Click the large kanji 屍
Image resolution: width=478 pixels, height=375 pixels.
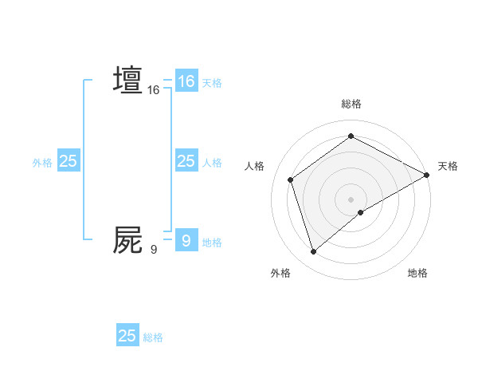[127, 239]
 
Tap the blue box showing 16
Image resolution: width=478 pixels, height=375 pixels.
[186, 81]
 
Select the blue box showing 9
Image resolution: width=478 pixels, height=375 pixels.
[186, 239]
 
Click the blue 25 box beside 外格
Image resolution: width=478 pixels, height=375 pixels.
[68, 161]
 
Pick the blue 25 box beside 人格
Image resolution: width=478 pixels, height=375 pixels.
[186, 161]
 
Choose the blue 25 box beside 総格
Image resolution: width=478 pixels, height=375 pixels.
[127, 336]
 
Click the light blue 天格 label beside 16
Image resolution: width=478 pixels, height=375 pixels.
[212, 82]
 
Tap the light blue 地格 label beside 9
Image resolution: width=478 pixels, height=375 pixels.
[212, 242]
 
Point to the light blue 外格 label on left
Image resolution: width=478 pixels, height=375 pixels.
[42, 162]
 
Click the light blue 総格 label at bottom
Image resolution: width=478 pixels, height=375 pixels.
[153, 337]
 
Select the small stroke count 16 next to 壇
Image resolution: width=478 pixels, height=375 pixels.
[153, 90]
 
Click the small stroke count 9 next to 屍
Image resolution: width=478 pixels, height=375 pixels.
[153, 250]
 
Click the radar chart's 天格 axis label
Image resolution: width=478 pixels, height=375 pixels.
[448, 166]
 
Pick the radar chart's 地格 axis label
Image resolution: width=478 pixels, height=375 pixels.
[417, 273]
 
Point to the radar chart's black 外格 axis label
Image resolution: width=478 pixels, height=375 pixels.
[280, 273]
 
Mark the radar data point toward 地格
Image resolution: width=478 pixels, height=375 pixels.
[361, 212]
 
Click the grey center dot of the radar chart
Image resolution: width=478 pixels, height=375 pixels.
[351, 199]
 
